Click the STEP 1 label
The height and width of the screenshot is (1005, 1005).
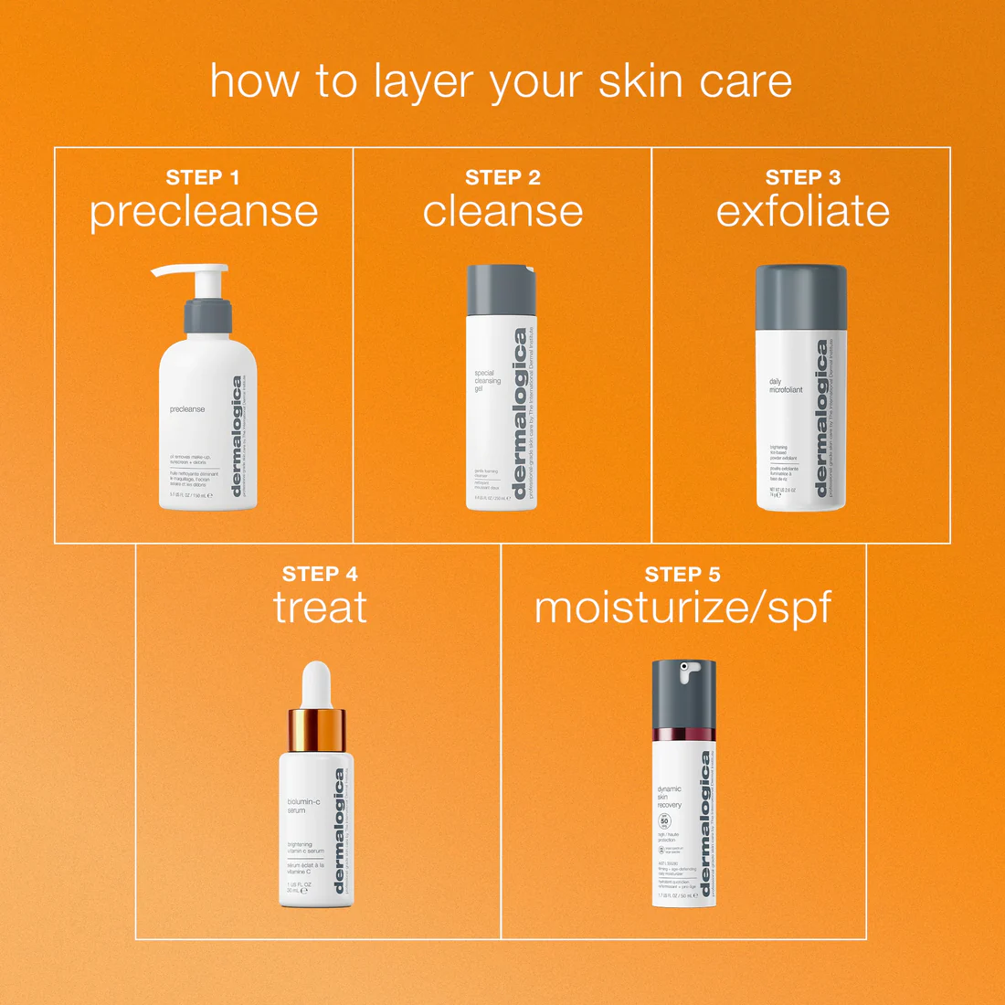203,177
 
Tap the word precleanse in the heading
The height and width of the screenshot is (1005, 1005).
204,213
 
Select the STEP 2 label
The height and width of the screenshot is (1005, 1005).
503,177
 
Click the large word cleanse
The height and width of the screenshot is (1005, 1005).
503,212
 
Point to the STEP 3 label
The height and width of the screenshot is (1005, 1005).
802,177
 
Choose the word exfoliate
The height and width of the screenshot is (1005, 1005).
802,212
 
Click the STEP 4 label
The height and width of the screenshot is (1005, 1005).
320,574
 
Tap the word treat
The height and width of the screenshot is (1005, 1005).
320,608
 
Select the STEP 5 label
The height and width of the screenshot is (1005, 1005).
682,574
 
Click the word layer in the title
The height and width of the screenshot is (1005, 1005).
426,82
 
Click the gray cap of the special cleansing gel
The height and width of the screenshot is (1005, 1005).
502,290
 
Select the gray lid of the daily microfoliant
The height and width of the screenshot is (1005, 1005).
800,298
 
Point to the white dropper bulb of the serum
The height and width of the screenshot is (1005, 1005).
316,682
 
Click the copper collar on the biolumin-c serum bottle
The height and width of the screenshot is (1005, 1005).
316,728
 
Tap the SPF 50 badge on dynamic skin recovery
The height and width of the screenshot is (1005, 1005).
664,821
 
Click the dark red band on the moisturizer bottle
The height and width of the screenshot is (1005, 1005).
683,734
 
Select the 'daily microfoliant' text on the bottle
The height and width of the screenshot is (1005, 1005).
785,386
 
